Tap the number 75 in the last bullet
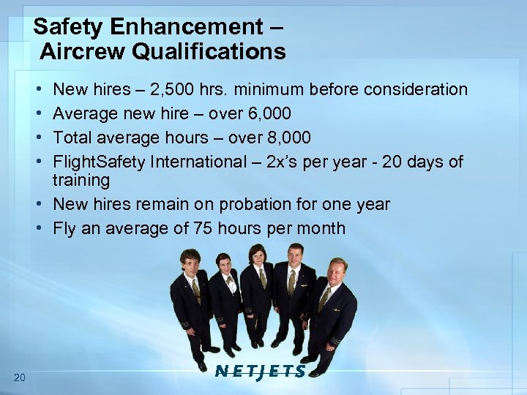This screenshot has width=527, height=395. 199,227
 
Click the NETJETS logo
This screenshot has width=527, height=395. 261,371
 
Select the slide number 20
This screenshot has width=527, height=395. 20,377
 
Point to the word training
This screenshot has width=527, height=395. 81,180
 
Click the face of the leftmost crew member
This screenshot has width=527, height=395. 190,261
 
